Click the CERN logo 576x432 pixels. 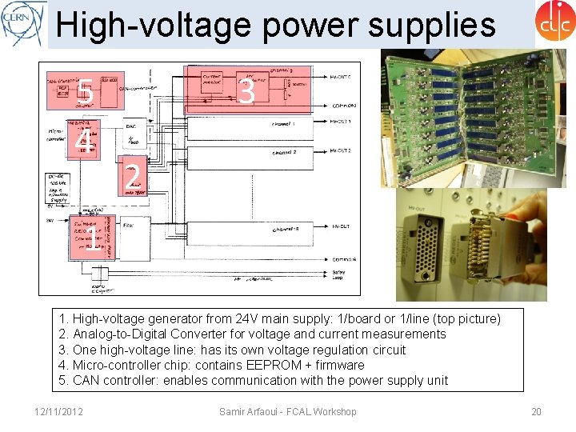pyautogui.click(x=22, y=23)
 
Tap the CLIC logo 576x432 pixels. pyautogui.click(x=554, y=22)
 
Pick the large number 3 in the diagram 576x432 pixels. pyautogui.click(x=247, y=92)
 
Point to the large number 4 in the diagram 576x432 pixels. pyautogui.click(x=81, y=139)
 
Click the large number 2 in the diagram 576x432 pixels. pyautogui.click(x=134, y=176)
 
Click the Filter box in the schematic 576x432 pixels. pyautogui.click(x=133, y=226)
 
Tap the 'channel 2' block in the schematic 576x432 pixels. pyautogui.click(x=284, y=151)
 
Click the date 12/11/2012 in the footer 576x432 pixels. pyautogui.click(x=59, y=411)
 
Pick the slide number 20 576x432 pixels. pyautogui.click(x=536, y=411)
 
